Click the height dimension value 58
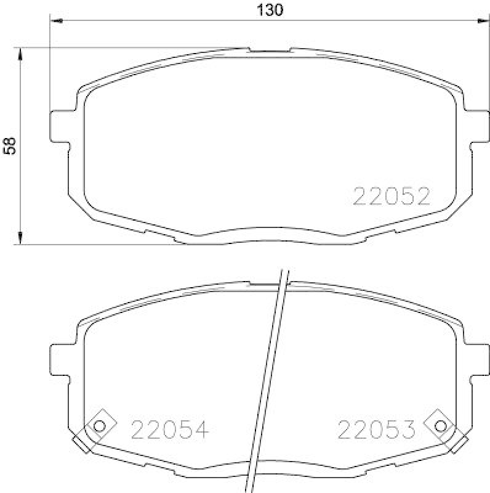(x=10, y=145)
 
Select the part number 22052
(x=390, y=197)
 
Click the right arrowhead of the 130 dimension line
(x=479, y=22)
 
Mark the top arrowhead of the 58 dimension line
(x=22, y=53)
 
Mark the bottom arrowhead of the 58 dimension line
(x=22, y=238)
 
